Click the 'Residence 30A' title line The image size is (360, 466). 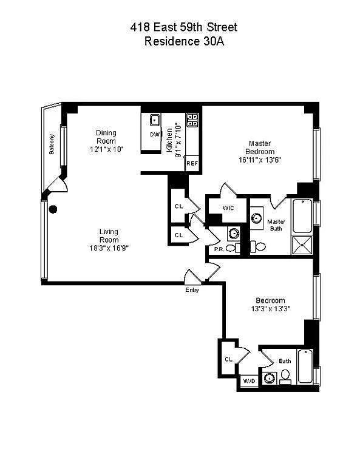click(x=184, y=41)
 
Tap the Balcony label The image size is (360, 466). click(x=52, y=144)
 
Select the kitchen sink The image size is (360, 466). click(x=155, y=120)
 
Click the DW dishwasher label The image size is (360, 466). click(x=155, y=135)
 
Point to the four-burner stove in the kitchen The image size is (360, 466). click(x=192, y=120)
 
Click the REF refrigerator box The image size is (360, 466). click(x=192, y=163)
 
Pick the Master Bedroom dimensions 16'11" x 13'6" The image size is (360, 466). click(x=260, y=160)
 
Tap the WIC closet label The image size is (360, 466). click(x=228, y=208)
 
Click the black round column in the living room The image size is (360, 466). click(x=53, y=209)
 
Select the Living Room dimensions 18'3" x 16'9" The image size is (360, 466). click(x=109, y=248)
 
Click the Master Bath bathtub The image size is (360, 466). click(x=302, y=216)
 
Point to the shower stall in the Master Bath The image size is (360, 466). click(x=302, y=245)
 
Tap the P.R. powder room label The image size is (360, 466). click(x=219, y=249)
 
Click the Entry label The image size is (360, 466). click(x=192, y=290)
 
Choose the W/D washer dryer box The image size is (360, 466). click(x=249, y=381)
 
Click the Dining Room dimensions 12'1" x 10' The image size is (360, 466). click(x=106, y=149)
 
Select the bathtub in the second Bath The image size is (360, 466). click(x=305, y=366)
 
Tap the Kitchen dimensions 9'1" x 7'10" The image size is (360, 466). click(x=178, y=140)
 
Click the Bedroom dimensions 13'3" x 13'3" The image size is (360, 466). click(x=271, y=309)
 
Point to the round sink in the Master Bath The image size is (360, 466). click(x=256, y=218)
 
